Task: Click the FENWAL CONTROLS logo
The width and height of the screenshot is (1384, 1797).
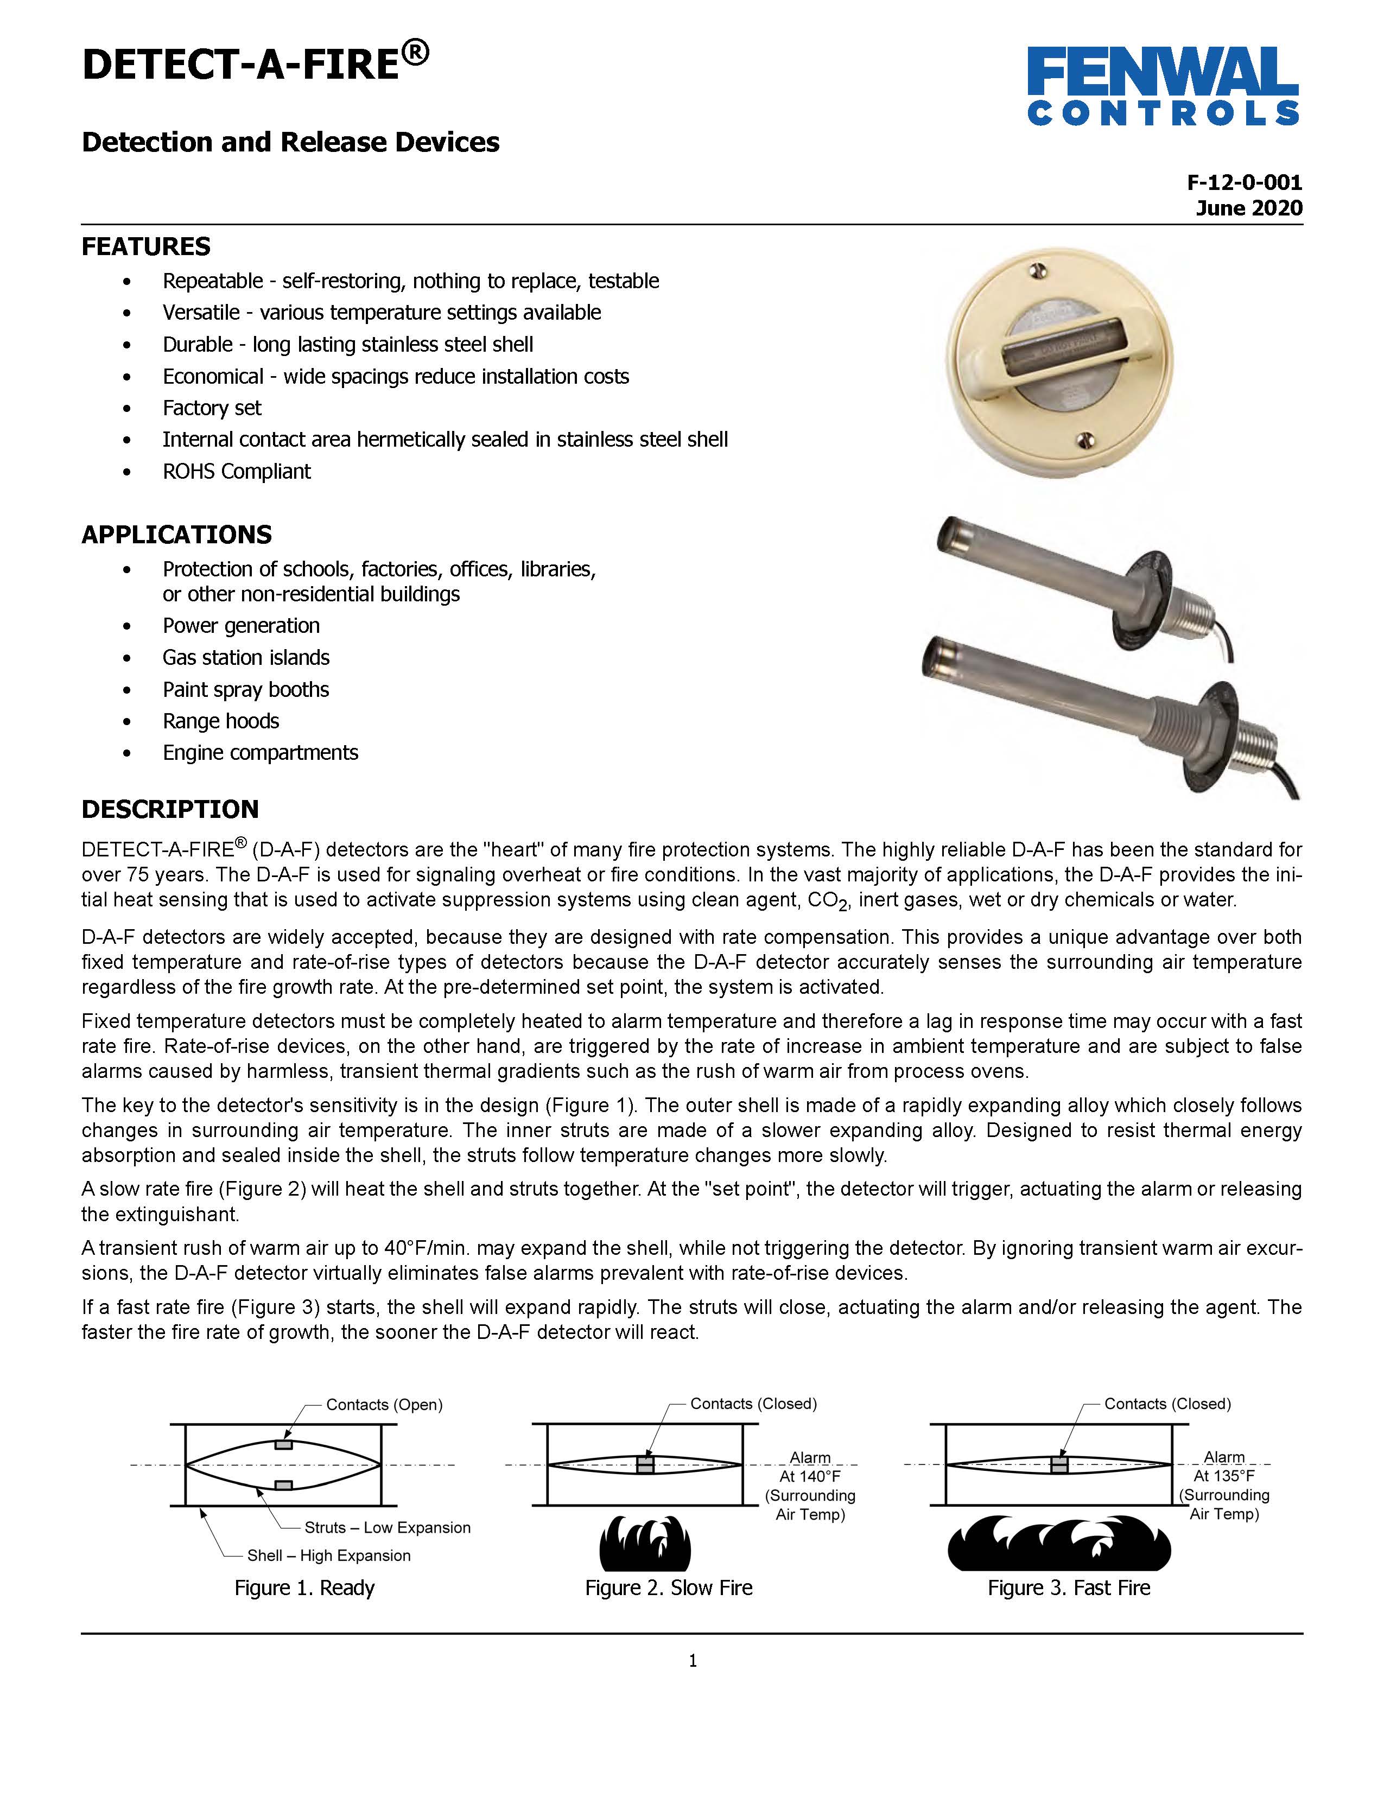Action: tap(1162, 86)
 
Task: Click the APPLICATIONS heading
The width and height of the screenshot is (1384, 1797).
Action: tap(176, 534)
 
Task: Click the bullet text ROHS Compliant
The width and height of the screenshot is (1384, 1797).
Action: tap(236, 472)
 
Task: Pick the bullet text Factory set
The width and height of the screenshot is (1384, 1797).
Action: tap(212, 408)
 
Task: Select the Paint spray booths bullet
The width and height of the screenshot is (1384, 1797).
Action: tap(245, 689)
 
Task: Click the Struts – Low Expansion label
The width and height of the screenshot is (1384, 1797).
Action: tap(387, 1527)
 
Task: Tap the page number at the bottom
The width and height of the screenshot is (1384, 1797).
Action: tap(692, 1660)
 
